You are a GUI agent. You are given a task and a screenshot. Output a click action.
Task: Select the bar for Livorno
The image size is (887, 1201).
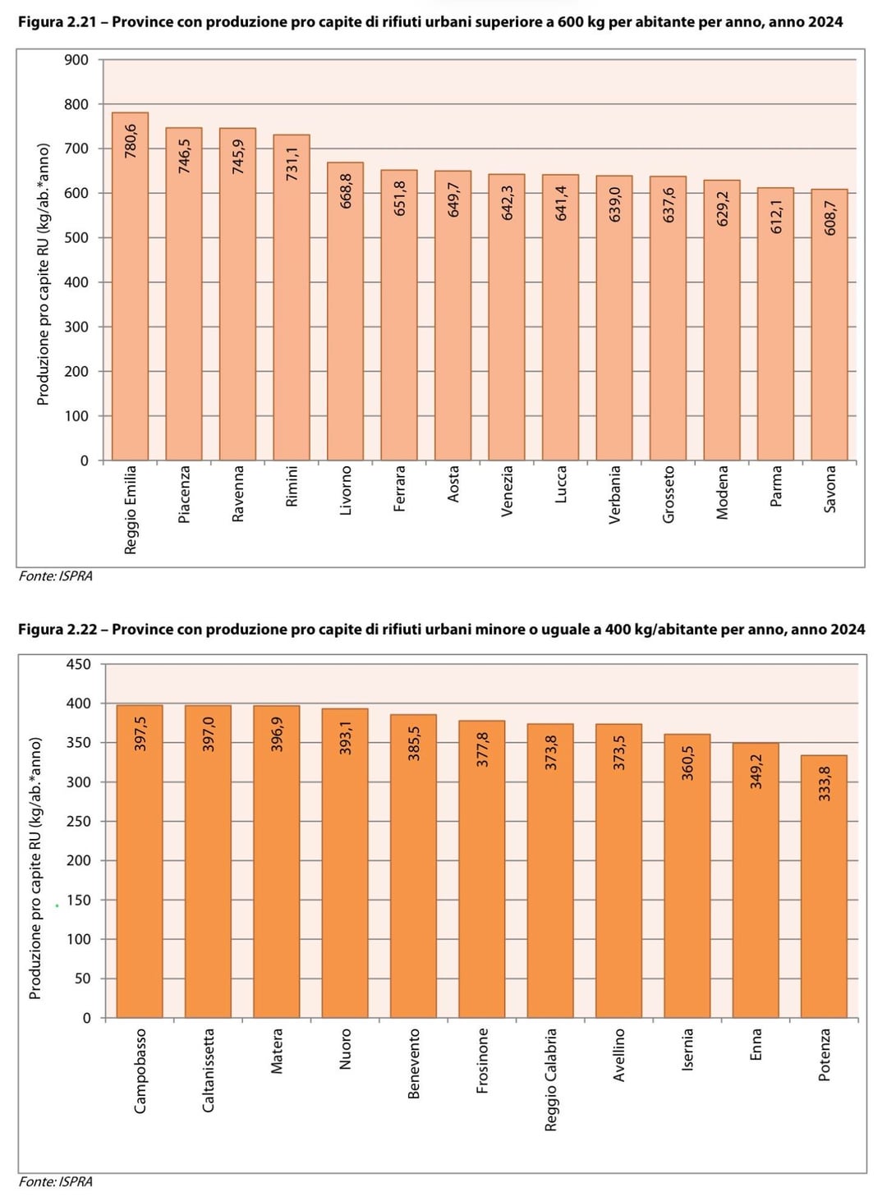[345, 328]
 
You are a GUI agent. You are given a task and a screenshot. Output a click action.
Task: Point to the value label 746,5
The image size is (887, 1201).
[184, 155]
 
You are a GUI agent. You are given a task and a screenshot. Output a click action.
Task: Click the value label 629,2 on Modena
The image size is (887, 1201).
[723, 209]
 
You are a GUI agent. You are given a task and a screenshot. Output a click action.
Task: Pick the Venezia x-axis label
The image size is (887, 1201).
[507, 491]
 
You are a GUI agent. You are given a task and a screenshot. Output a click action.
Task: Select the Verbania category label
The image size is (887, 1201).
[614, 494]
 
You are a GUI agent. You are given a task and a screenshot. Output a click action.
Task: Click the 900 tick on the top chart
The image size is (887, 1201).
[76, 60]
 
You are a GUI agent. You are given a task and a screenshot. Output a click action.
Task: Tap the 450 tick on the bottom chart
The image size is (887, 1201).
[79, 664]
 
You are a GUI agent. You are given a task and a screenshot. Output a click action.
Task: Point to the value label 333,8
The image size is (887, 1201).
[825, 784]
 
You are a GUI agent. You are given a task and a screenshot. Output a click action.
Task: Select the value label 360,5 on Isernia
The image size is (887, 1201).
[687, 763]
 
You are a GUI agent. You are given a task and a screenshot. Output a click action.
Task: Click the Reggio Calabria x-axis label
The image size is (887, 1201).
[550, 1079]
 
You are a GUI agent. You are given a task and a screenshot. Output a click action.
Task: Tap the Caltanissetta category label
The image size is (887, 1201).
[208, 1070]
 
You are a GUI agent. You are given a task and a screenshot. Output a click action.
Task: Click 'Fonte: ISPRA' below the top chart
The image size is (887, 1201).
[56, 576]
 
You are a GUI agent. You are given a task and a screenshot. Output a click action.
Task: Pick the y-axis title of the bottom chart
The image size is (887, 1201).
[35, 868]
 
